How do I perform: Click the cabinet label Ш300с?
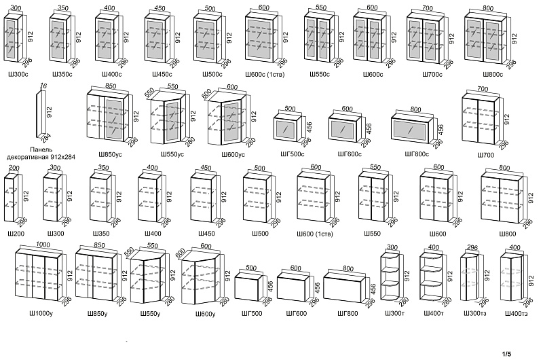[x=16, y=74]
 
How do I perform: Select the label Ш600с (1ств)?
[x=265, y=74]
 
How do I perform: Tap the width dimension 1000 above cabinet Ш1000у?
[x=43, y=245]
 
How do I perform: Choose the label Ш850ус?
[x=110, y=155]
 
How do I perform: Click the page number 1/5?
[x=506, y=354]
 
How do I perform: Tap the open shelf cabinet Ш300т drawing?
[x=391, y=276]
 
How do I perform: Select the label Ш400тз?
[x=516, y=314]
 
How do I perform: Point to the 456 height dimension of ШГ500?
[x=270, y=287]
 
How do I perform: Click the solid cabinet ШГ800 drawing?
[x=345, y=286]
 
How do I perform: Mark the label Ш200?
[x=16, y=234]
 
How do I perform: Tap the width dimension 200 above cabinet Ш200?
[x=14, y=168]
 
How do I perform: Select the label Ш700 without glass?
[x=485, y=156]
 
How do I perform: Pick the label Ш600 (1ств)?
[x=315, y=234]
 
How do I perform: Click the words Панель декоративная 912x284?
[x=41, y=153]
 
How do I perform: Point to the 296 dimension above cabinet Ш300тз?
[x=472, y=247]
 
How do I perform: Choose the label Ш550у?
[x=150, y=314]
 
